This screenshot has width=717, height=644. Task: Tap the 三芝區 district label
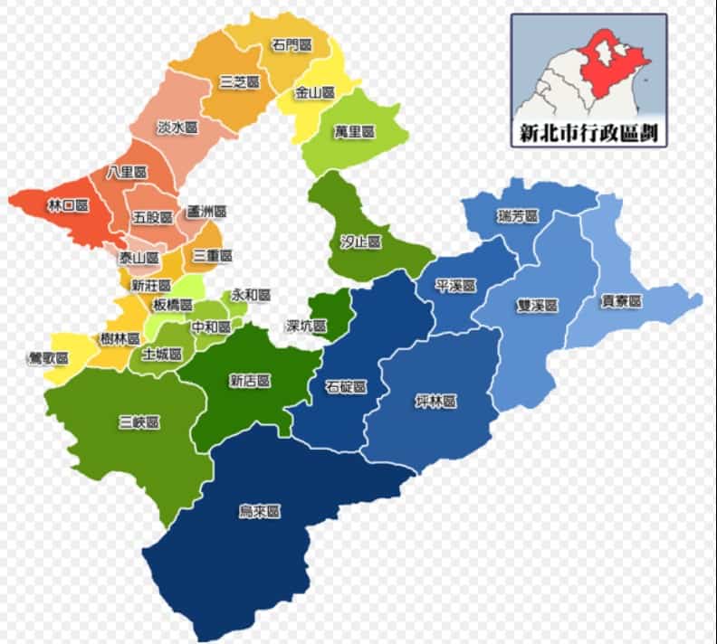pos(240,82)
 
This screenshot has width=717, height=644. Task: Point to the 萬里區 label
pos(354,132)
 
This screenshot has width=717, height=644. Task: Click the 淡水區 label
pos(177,128)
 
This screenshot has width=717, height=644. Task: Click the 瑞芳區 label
pos(518,217)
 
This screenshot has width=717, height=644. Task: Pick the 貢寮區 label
pos(622,301)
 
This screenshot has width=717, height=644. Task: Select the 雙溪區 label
pos(538,307)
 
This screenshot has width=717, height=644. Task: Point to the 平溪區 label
pos(455,286)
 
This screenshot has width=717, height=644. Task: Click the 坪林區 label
pos(435,401)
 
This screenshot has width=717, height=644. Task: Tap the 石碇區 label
pos(346,387)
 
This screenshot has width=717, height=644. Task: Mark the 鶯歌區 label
pos(48,358)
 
